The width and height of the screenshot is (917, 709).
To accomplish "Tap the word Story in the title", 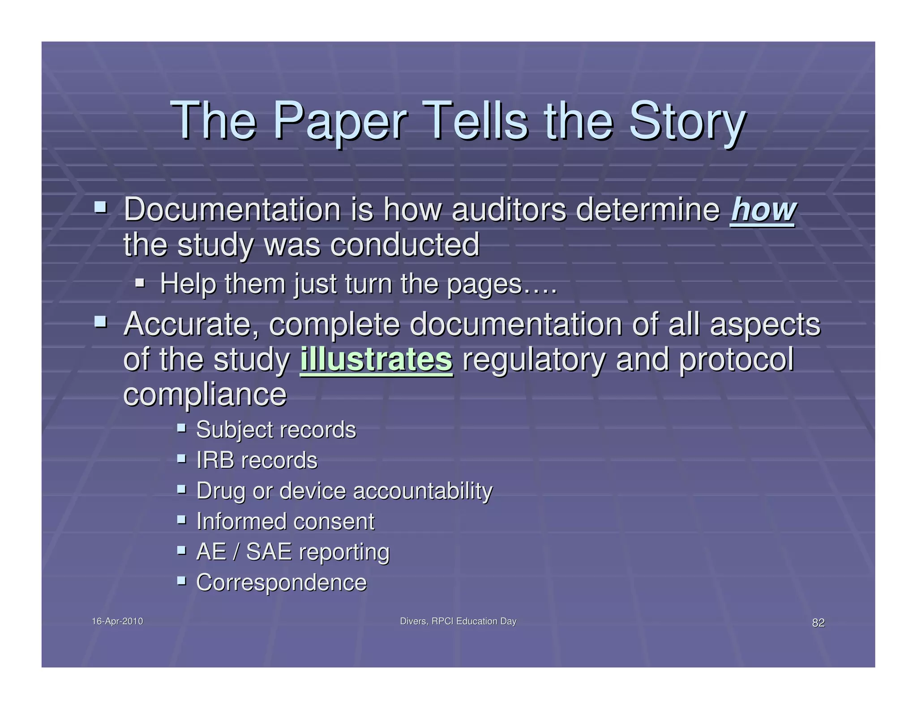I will [687, 121].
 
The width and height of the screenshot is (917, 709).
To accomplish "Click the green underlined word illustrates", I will [376, 359].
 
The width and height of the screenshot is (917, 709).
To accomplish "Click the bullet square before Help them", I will [140, 282].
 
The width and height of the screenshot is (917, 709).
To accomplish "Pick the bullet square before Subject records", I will [181, 428].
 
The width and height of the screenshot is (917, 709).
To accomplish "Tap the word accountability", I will [423, 491].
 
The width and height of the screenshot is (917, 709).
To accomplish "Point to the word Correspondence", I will [281, 583].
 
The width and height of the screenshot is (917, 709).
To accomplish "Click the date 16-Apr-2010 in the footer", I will [117, 621].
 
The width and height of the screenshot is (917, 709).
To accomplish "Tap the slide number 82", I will [818, 623].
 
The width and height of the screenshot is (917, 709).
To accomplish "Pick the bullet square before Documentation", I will [100, 207].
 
